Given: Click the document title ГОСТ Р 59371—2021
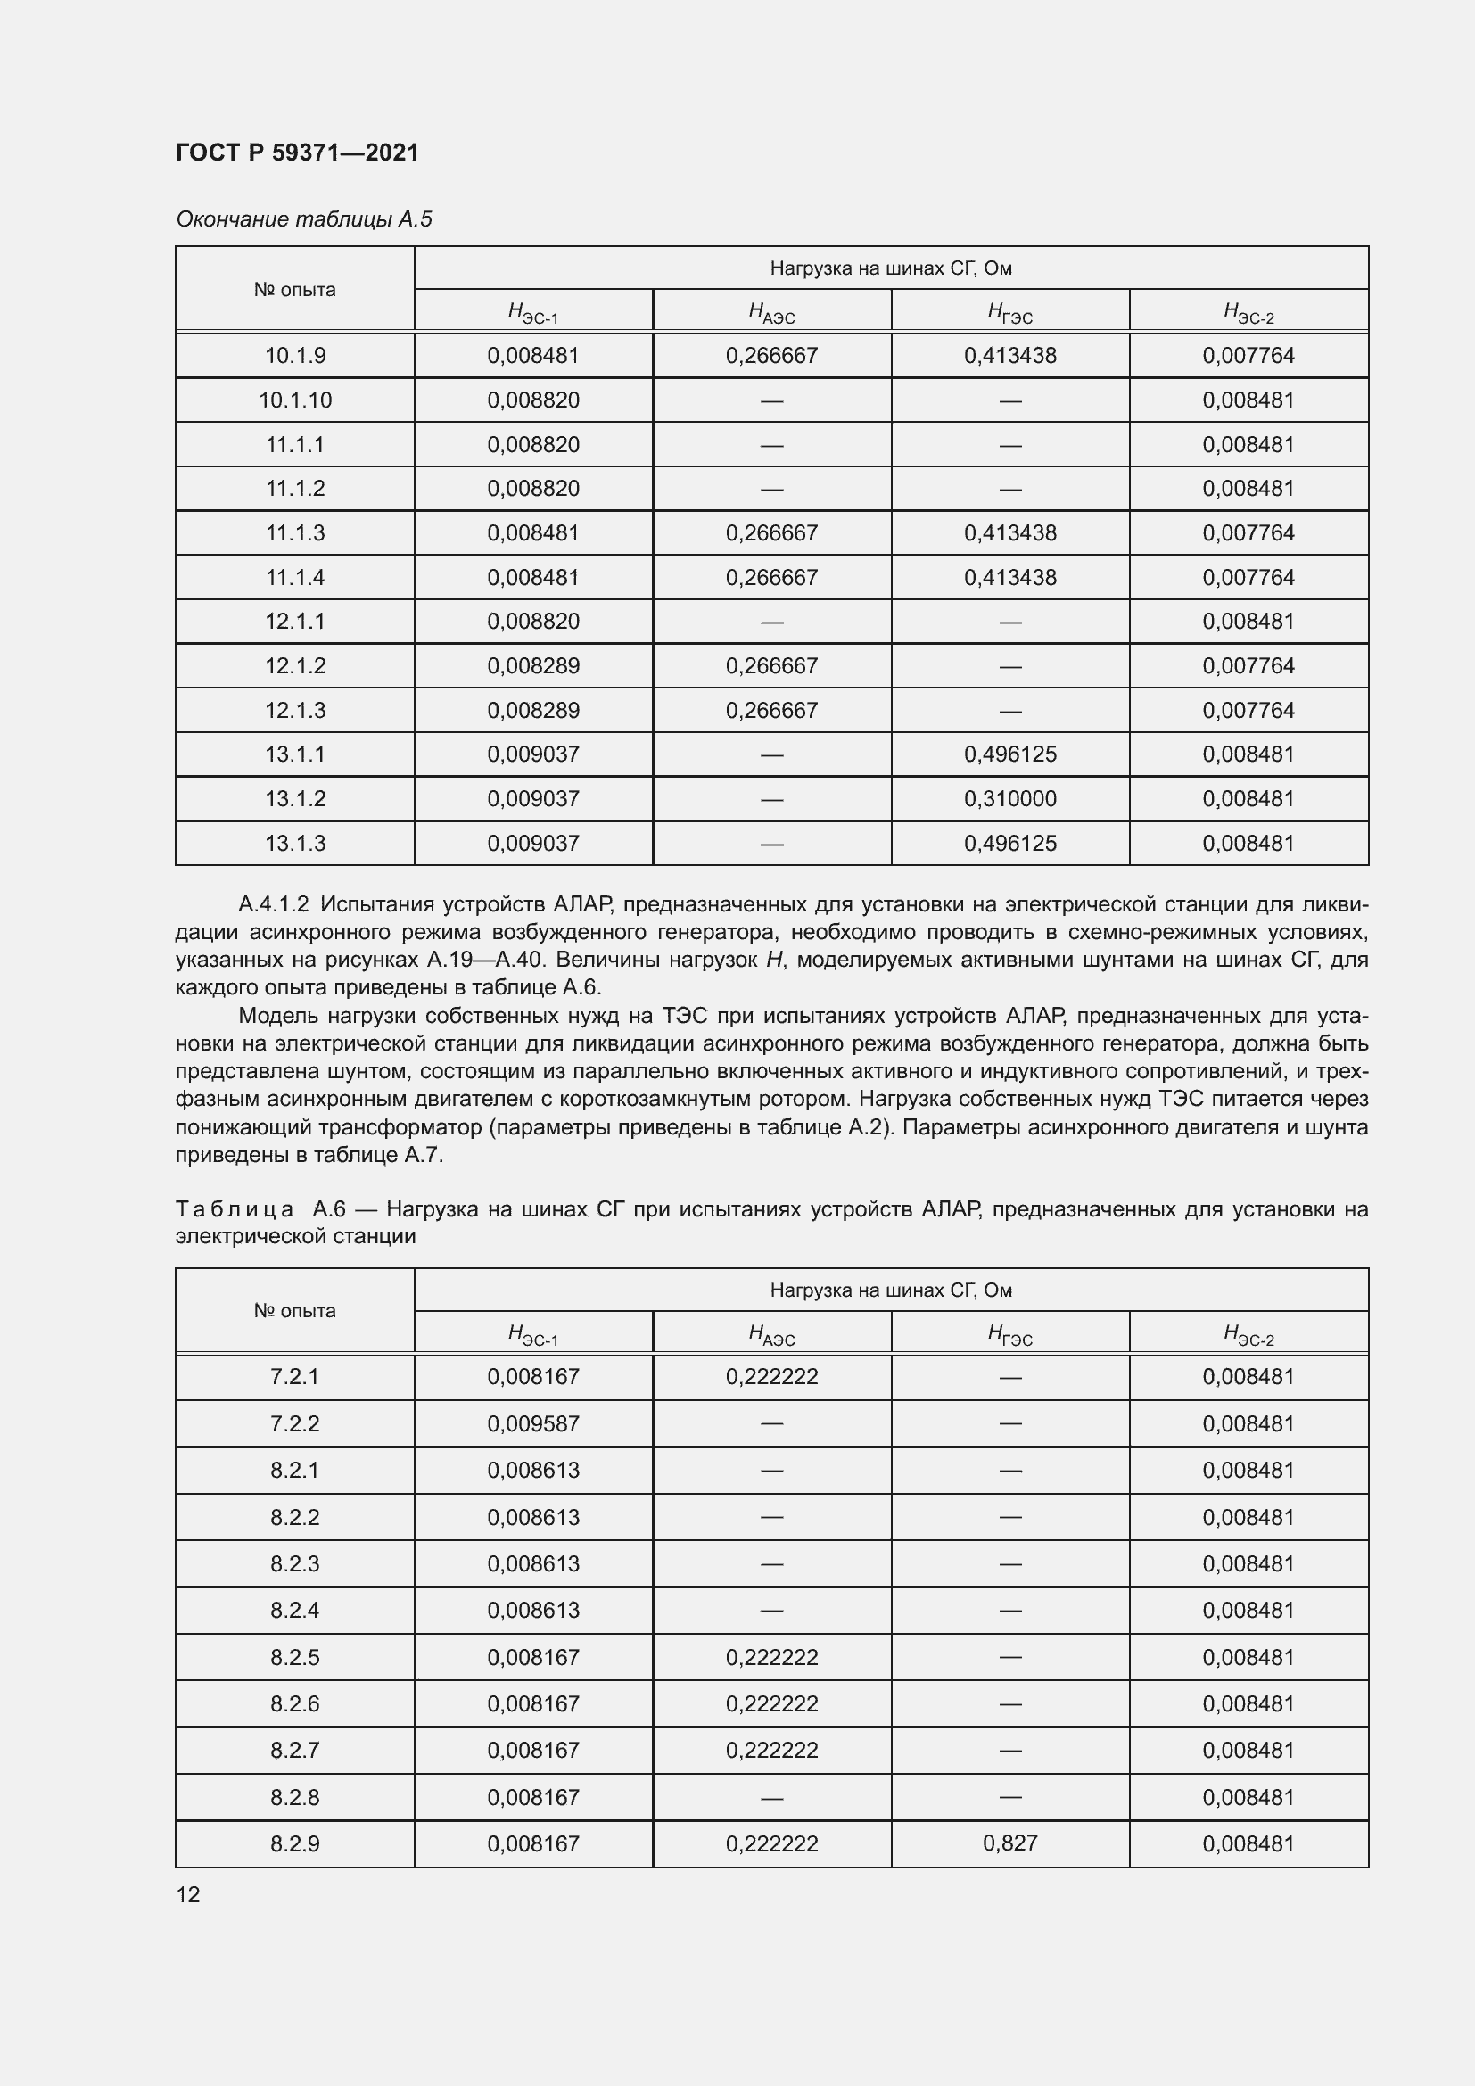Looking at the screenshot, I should pyautogui.click(x=297, y=153).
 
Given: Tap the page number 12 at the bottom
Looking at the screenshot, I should pyautogui.click(x=188, y=1894).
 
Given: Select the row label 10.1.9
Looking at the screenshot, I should pyautogui.click(x=295, y=355).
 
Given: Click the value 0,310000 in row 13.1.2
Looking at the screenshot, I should pyautogui.click(x=1010, y=798).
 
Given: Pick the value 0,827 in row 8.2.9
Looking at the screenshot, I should pyautogui.click(x=1010, y=1843).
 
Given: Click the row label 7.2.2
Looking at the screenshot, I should pyautogui.click(x=295, y=1423).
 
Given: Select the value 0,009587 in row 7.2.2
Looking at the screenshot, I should pyautogui.click(x=533, y=1423).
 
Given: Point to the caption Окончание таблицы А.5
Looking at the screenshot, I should pyautogui.click(x=304, y=219).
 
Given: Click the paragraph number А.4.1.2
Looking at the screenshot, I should pyautogui.click(x=274, y=904).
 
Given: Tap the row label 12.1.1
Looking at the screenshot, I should pyautogui.click(x=295, y=622).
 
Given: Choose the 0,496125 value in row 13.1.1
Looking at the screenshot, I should pyautogui.click(x=1010, y=754).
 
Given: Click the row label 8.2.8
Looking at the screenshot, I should pyautogui.click(x=295, y=1797).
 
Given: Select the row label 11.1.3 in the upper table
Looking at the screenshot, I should pyautogui.click(x=295, y=532).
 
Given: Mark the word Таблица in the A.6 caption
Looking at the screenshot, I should pyautogui.click(x=235, y=1209).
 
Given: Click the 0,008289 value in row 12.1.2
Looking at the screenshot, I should pyautogui.click(x=533, y=666).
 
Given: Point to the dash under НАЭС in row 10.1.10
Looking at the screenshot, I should pyautogui.click(x=772, y=400).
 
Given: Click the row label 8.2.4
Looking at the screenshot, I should pyautogui.click(x=295, y=1610).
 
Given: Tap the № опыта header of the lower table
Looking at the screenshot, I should pyautogui.click(x=295, y=1311).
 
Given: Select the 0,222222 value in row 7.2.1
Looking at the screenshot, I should pyautogui.click(x=772, y=1376).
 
